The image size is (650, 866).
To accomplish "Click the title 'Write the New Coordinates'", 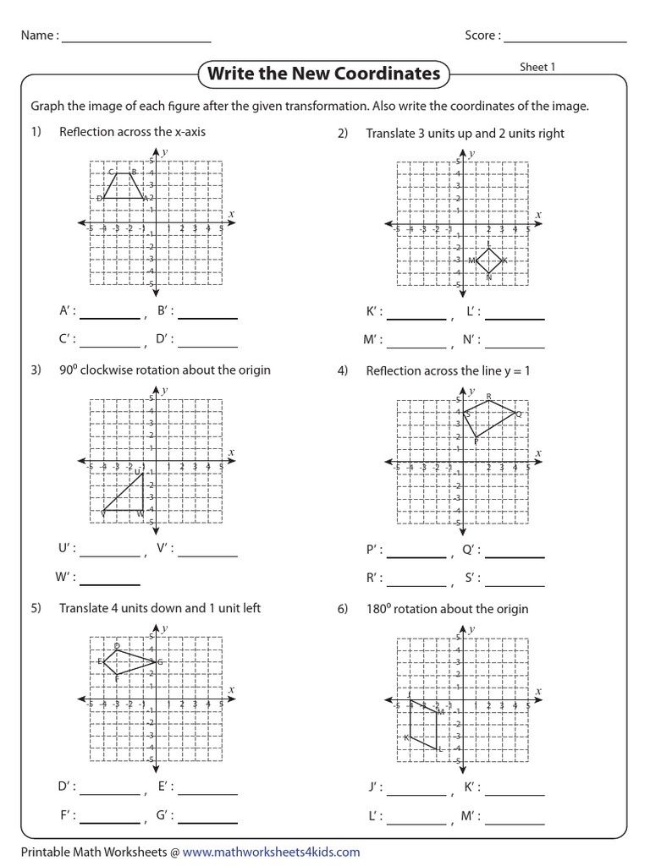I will (x=324, y=74).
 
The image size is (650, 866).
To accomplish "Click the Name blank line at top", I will (x=135, y=37).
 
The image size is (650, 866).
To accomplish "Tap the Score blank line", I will (x=565, y=37).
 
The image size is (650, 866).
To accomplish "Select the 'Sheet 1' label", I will (x=537, y=67).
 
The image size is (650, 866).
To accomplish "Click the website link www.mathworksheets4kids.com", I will (x=271, y=852).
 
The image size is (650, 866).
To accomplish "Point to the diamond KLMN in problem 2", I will (x=488, y=260).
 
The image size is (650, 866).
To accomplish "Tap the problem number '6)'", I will (x=343, y=609).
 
